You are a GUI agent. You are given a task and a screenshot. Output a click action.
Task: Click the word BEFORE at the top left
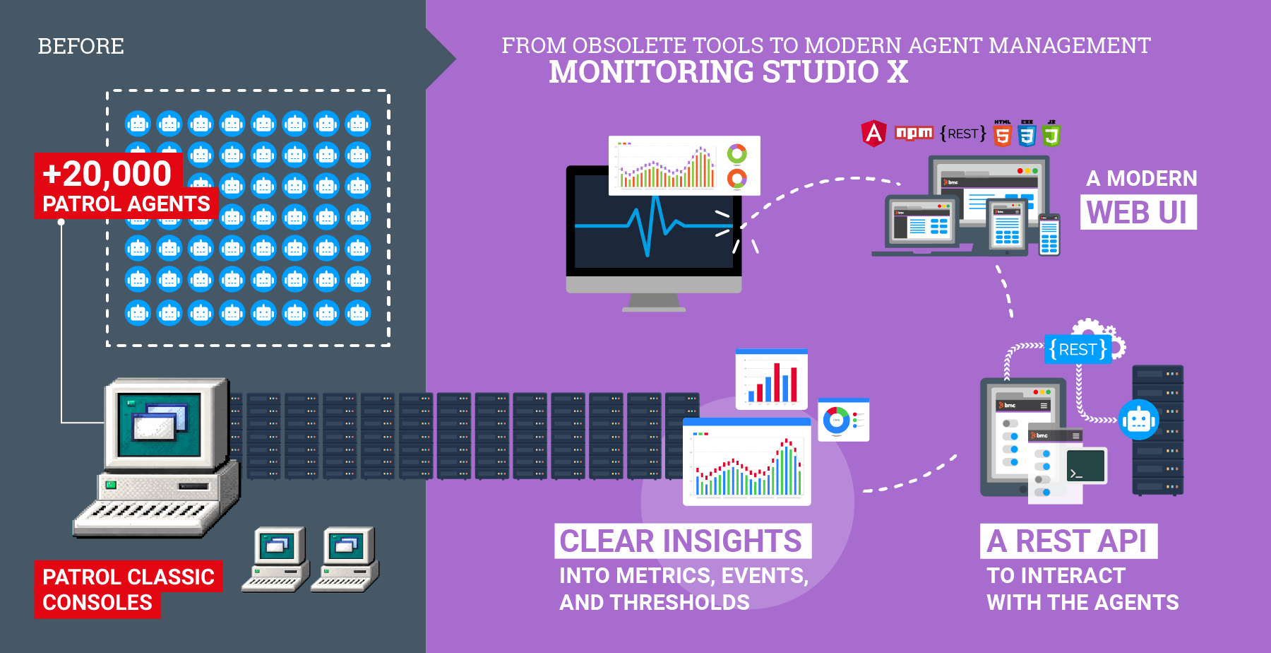[80, 47]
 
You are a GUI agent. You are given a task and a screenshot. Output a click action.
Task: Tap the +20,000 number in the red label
[107, 174]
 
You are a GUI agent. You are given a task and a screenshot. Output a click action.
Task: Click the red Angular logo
[873, 133]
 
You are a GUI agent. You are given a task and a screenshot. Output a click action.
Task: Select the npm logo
[914, 133]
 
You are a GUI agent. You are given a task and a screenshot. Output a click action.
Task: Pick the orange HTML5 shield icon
[1003, 134]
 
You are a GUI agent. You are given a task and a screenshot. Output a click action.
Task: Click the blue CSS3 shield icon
[1027, 134]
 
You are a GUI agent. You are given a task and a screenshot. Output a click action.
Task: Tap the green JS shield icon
[1051, 134]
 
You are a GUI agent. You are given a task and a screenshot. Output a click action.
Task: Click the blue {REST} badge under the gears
[1078, 350]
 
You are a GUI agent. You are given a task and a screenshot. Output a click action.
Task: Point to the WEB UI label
[1138, 213]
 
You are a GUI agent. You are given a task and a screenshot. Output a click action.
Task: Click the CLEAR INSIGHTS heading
[681, 541]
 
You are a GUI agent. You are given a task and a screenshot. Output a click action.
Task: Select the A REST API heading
[1067, 541]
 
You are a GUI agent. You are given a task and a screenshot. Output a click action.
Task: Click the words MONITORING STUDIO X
[728, 72]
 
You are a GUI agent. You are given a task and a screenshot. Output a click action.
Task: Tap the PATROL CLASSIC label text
[129, 577]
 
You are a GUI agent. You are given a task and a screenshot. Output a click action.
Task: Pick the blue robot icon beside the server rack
[1138, 420]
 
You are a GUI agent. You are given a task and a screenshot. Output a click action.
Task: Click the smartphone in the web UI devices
[1049, 235]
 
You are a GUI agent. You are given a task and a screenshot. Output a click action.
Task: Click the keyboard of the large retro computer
[152, 512]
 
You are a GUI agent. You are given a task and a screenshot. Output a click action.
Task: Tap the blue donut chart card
[843, 420]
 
